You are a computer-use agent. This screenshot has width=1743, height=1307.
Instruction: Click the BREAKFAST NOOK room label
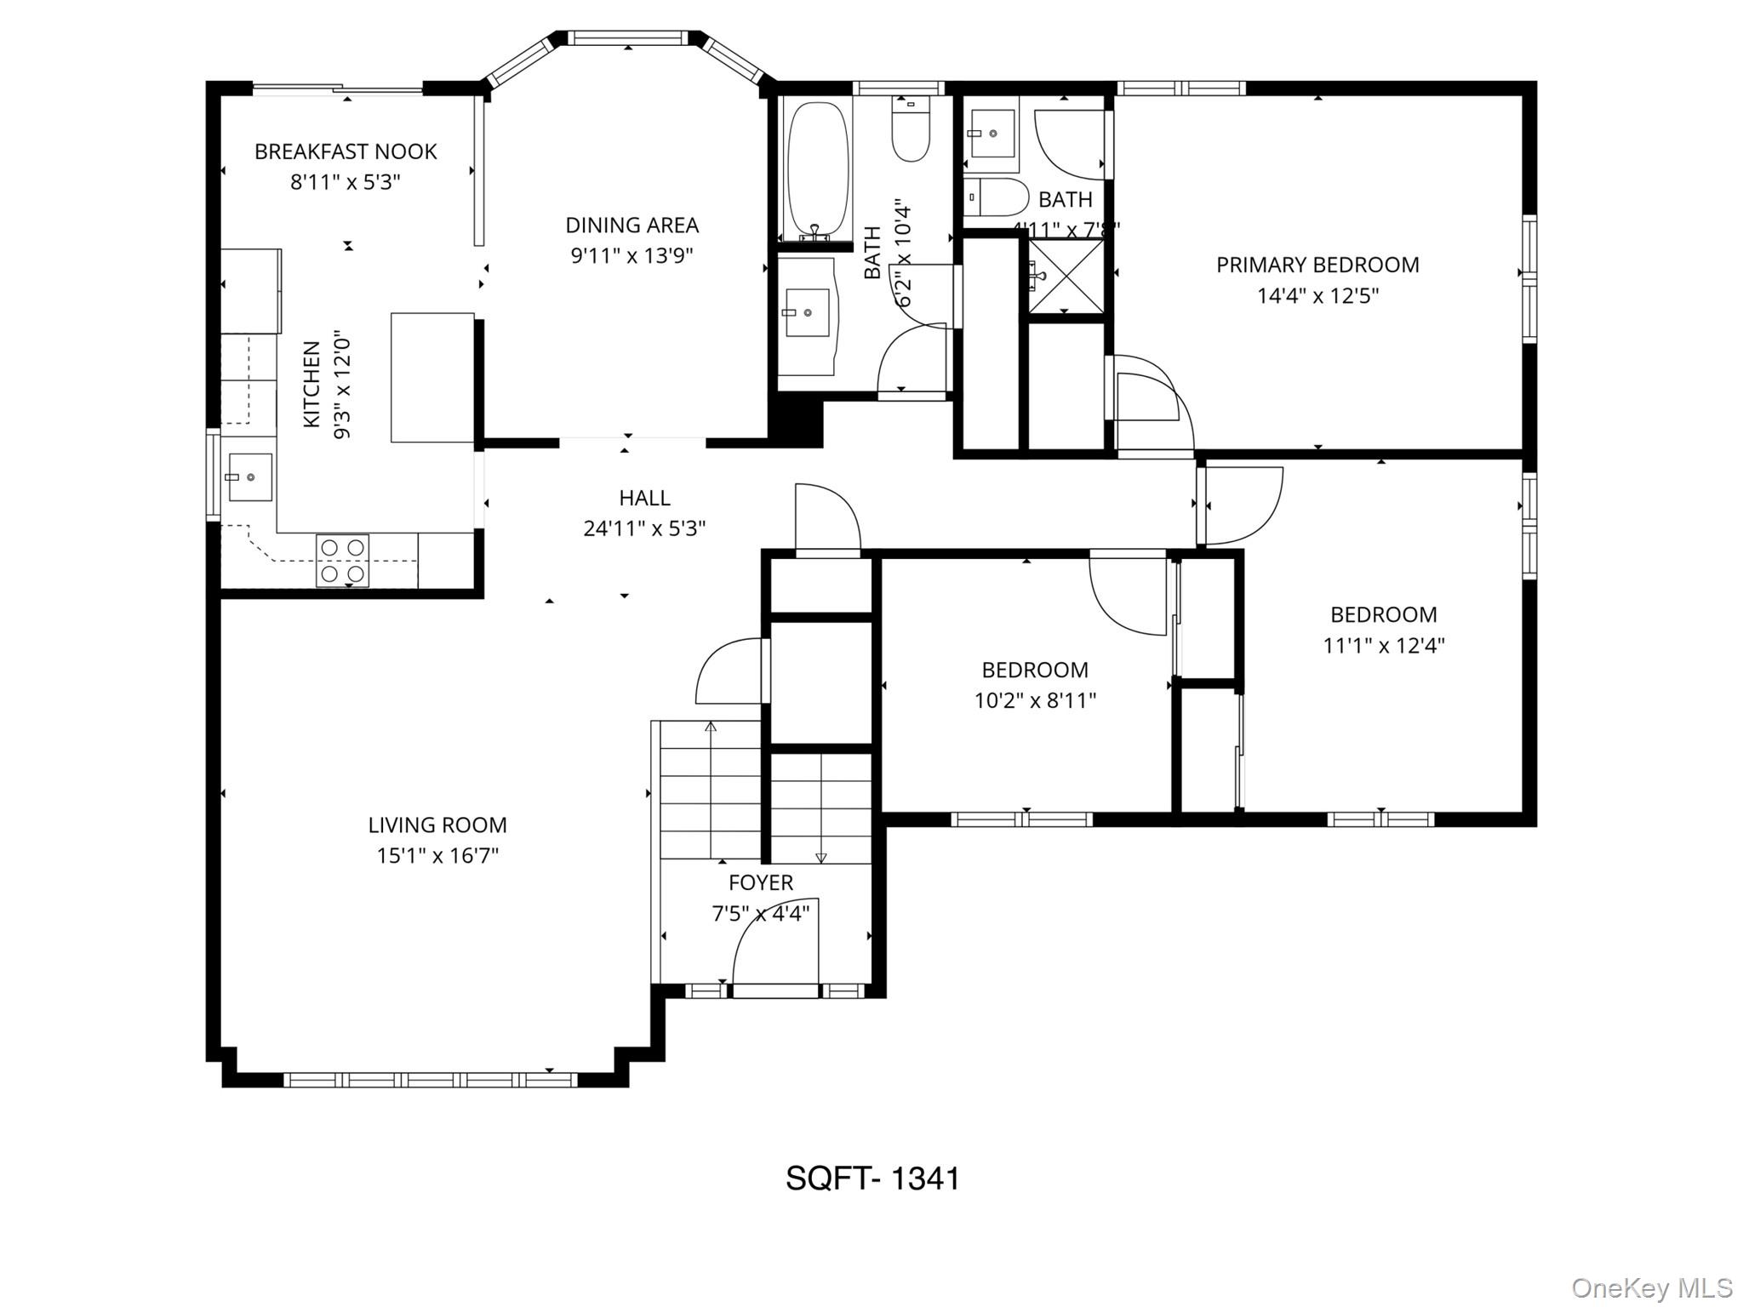[x=346, y=151]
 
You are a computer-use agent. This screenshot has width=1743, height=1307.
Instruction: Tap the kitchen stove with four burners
[x=342, y=561]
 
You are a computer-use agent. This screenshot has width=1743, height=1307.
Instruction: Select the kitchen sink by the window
[x=249, y=477]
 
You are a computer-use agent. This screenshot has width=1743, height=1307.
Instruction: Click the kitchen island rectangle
[x=432, y=377]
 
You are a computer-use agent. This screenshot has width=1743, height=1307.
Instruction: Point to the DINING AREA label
[x=631, y=225]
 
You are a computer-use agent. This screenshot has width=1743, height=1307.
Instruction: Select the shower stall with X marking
[x=1066, y=277]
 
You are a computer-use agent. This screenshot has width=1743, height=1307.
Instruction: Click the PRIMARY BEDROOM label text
[x=1317, y=265]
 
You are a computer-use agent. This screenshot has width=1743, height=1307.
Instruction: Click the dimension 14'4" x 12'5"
[x=1317, y=296]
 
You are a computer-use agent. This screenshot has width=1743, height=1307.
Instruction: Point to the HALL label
[x=644, y=497]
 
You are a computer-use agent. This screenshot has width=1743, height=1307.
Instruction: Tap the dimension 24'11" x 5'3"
[x=644, y=528]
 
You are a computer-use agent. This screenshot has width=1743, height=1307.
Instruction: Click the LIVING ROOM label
[x=437, y=825]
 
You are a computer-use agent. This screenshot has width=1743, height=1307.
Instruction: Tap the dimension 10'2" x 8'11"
[x=1035, y=700]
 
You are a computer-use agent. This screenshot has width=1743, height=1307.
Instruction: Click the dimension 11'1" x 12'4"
[x=1383, y=645]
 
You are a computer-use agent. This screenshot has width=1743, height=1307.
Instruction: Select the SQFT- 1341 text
[x=872, y=1179]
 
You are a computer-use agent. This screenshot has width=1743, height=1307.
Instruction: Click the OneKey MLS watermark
[x=1651, y=1287]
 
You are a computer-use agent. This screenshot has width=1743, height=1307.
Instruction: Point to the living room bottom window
[x=430, y=1080]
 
